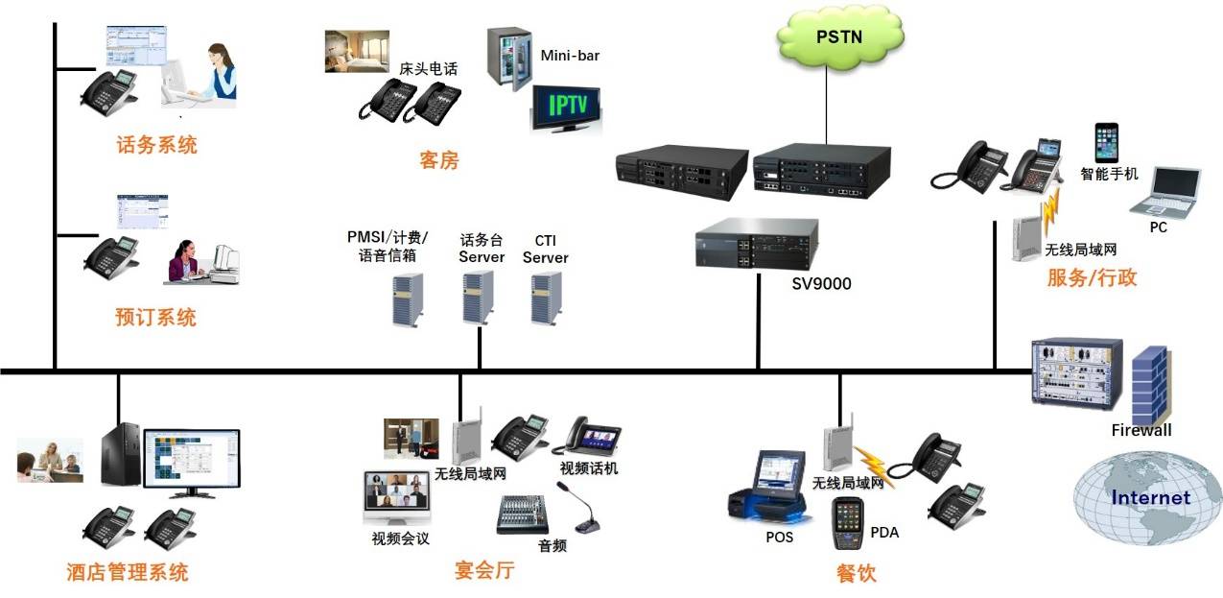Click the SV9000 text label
[820, 283]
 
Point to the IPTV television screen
[567, 108]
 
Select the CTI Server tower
[546, 297]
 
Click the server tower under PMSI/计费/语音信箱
[406, 299]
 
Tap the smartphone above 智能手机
[1108, 142]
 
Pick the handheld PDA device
[848, 523]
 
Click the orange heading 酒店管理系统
[127, 572]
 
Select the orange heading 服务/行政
[1092, 278]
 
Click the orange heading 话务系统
[156, 145]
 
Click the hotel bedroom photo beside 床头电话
[357, 51]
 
